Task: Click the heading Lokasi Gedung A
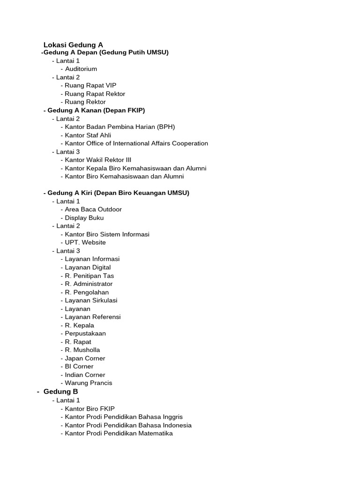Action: point(73,45)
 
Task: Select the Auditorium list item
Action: point(81,69)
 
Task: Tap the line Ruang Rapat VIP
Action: point(90,85)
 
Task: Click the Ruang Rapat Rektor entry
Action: point(95,94)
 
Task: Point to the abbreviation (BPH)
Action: point(166,127)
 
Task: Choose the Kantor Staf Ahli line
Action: point(88,135)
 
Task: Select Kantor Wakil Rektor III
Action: point(98,160)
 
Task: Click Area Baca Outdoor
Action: point(93,210)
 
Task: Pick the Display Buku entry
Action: point(84,218)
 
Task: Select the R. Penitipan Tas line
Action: point(90,276)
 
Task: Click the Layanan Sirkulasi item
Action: point(91,300)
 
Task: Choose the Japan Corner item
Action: point(85,358)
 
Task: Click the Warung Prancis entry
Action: point(89,383)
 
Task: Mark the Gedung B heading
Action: point(60,391)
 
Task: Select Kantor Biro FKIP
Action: point(90,409)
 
